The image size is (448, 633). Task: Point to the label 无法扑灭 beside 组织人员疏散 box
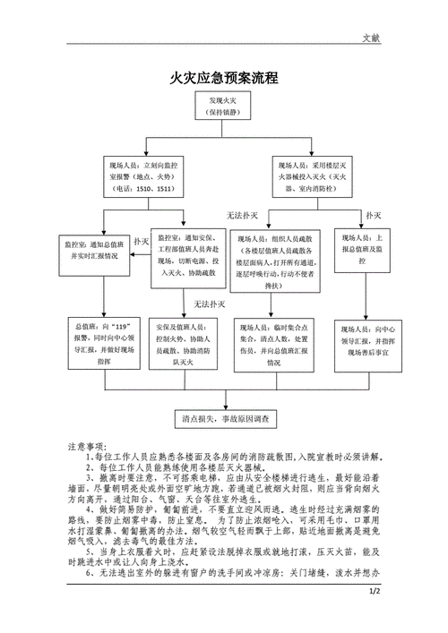tap(242, 217)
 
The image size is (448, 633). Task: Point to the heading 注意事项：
tap(91, 445)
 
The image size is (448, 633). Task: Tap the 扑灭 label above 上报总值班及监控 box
tap(374, 217)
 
